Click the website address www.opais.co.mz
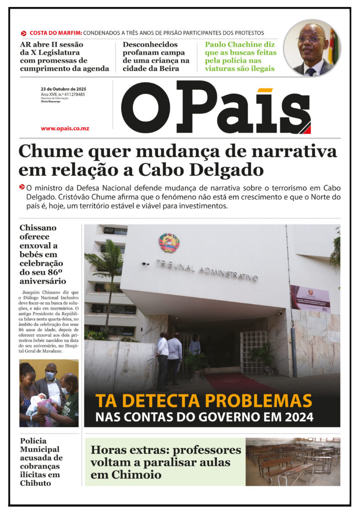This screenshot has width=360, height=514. tap(65, 128)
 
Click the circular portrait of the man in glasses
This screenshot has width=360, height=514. tap(312, 49)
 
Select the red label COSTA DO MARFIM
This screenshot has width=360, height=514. tap(56, 33)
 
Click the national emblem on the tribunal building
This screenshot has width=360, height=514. tap(169, 242)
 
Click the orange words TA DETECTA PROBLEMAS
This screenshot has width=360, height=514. tap(203, 401)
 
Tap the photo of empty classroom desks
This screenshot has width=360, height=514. tap(292, 461)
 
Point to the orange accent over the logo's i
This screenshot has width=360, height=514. tap(264, 90)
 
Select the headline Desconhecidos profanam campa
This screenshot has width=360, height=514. tap(156, 56)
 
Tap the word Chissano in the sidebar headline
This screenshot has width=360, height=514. tap(38, 228)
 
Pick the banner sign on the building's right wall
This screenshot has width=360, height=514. tap(310, 298)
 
